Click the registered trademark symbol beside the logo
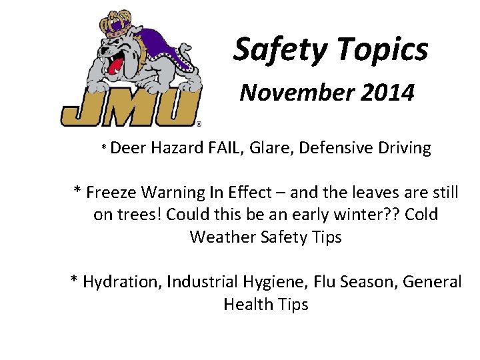[x=199, y=123]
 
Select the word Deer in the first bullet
[x=129, y=147]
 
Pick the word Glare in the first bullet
[x=271, y=147]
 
